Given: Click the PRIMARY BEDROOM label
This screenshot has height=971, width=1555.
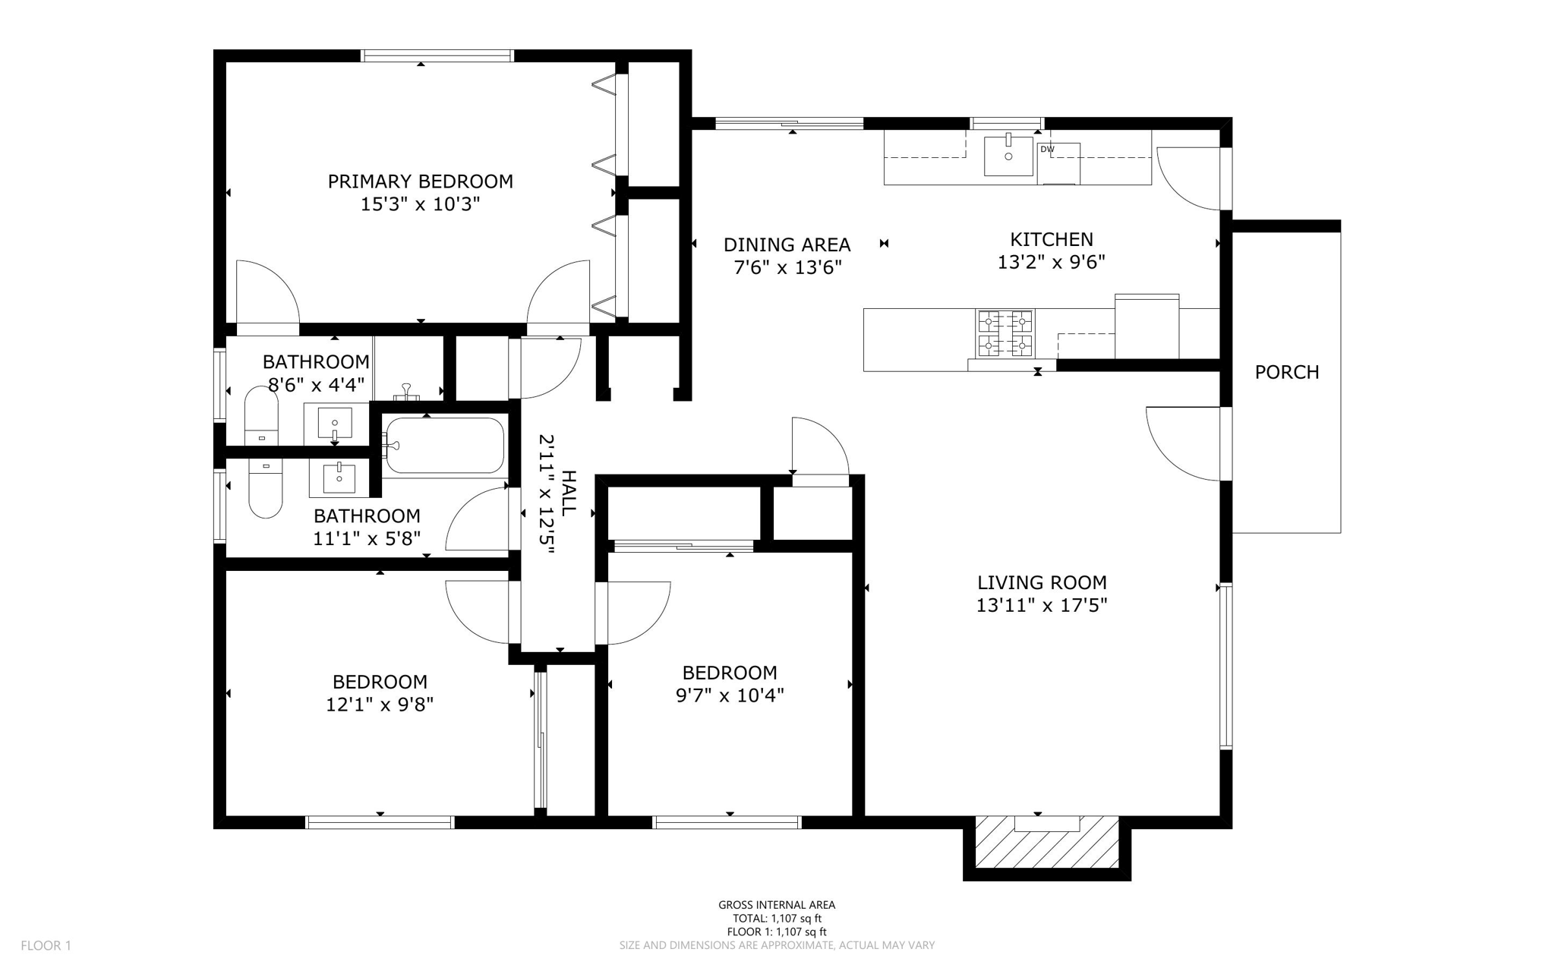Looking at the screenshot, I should pyautogui.click(x=420, y=181).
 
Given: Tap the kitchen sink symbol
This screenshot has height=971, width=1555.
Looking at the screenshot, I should pyautogui.click(x=1008, y=156).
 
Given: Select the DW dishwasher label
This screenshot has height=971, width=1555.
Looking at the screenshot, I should pyautogui.click(x=1047, y=150).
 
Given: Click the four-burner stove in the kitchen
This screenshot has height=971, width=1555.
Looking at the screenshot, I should pyautogui.click(x=1005, y=333).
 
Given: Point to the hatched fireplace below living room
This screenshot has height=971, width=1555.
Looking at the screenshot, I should pyautogui.click(x=1046, y=842).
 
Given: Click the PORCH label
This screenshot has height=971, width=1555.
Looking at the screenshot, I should pyautogui.click(x=1286, y=372).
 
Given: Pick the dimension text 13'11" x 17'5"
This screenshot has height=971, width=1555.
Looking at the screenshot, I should pyautogui.click(x=1042, y=606).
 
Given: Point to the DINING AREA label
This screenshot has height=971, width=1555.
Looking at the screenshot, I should pyautogui.click(x=787, y=245).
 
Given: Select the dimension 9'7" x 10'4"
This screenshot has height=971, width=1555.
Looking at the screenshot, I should pyautogui.click(x=729, y=695).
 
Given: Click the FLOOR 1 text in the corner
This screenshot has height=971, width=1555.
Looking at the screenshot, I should pyautogui.click(x=46, y=945).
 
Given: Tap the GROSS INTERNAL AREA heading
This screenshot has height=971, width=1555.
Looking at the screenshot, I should pyautogui.click(x=777, y=905).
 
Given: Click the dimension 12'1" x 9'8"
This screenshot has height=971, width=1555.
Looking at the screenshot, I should pyautogui.click(x=380, y=705).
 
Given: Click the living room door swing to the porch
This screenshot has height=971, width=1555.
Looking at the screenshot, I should pyautogui.click(x=1184, y=444).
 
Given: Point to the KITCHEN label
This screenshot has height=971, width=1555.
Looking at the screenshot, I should pyautogui.click(x=1051, y=240).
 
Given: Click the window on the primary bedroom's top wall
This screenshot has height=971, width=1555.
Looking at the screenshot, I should pyautogui.click(x=437, y=55).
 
